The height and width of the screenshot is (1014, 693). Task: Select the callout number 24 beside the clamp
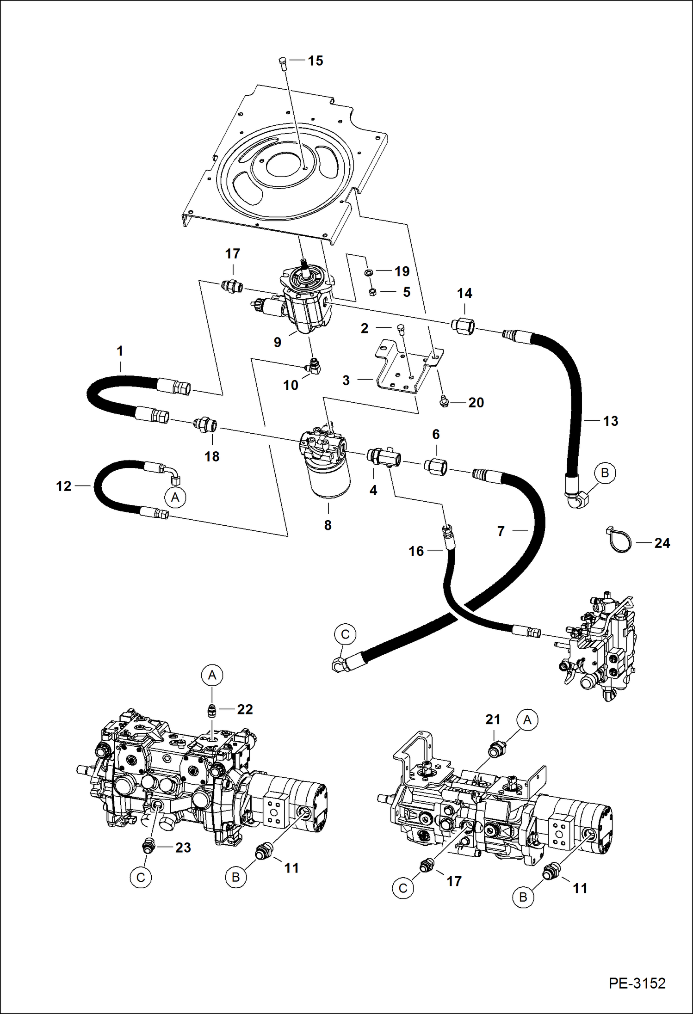[x=662, y=543]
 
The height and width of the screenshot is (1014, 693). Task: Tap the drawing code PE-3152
[x=637, y=983]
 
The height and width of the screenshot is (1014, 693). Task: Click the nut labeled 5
[x=372, y=292]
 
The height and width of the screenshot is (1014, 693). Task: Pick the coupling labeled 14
[x=463, y=326]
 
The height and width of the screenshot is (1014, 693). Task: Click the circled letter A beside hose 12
[x=175, y=497]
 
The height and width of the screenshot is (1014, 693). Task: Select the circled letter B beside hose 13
[x=605, y=473]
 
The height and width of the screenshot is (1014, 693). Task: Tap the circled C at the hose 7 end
[x=345, y=634]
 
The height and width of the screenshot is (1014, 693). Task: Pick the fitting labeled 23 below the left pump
[x=148, y=847]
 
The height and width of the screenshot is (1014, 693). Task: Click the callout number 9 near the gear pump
[x=277, y=342]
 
